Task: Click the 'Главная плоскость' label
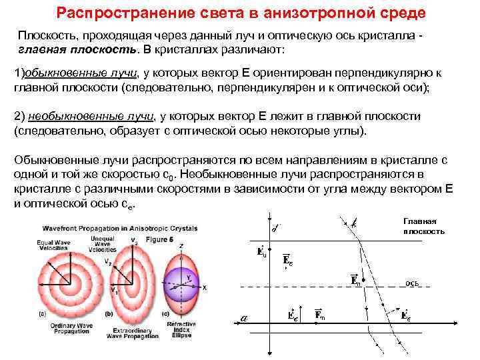422,226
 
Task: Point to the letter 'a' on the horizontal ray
244,318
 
